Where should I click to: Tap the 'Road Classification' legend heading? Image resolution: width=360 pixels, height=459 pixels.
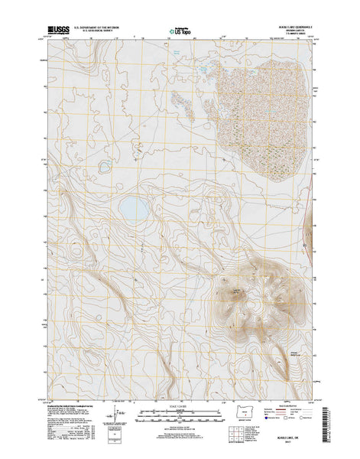tap(294, 406)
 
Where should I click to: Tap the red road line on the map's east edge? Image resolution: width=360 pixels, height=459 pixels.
tap(313, 229)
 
